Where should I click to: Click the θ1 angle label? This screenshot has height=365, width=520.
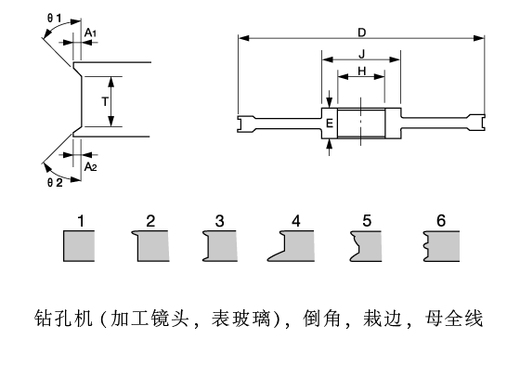[55, 19]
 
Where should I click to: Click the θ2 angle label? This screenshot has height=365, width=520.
[55, 182]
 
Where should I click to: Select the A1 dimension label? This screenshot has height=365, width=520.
[90, 33]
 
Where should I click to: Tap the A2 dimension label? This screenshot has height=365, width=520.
[91, 166]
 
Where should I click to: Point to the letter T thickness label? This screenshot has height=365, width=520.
[105, 101]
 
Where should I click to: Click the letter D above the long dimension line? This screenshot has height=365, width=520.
[362, 33]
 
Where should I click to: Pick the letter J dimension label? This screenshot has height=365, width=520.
[362, 54]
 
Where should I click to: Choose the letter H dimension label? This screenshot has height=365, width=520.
[362, 71]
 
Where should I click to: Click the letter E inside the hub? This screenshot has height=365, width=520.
[330, 124]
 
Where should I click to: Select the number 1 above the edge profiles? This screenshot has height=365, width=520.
[81, 221]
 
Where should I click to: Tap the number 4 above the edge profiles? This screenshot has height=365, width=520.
[296, 221]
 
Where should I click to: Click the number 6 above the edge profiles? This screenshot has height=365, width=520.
[441, 221]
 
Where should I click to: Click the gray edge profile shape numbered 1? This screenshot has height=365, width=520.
[79, 246]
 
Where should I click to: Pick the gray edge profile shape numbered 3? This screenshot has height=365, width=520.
[220, 246]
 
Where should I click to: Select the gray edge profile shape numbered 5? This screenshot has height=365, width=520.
[366, 246]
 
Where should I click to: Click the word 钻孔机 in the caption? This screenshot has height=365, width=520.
[63, 319]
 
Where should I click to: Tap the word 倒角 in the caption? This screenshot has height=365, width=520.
[321, 319]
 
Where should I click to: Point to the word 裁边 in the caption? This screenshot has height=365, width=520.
[383, 319]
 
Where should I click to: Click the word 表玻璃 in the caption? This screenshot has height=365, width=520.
[240, 319]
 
